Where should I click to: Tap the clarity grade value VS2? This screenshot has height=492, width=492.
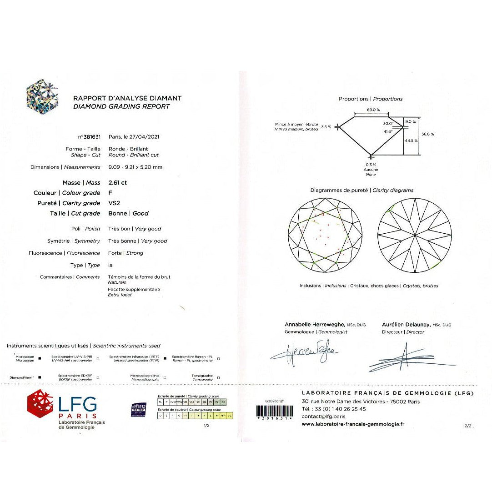115,203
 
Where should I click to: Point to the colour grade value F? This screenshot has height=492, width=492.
110,193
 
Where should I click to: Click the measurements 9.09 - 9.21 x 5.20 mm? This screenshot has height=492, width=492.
135,167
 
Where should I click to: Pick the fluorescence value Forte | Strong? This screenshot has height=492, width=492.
126,253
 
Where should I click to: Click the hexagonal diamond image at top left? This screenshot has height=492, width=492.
42,97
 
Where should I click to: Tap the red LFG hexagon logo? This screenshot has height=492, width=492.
40,404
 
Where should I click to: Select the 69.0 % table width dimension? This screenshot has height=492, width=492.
373,110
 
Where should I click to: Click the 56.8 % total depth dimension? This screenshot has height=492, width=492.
427,134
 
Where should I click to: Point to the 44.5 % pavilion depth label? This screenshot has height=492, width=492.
411,141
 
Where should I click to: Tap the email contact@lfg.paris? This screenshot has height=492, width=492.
323,416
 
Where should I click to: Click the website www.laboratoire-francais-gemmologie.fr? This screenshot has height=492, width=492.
352,424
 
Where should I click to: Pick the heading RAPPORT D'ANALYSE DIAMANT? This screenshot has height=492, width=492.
127,98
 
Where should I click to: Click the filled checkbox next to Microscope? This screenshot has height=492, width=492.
40,358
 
